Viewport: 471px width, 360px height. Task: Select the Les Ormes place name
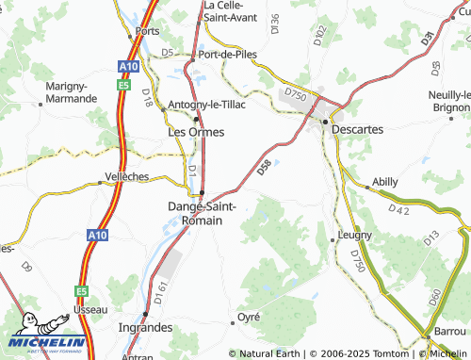point(195,132)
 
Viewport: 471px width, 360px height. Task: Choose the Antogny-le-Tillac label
point(206,105)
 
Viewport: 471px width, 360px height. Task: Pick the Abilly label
point(385,180)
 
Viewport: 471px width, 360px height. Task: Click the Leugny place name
point(356,234)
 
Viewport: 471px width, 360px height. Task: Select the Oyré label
point(249,316)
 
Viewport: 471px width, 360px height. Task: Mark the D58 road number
point(264,168)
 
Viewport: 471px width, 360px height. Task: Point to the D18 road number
point(148,96)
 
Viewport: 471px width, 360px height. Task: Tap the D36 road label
point(274,25)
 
